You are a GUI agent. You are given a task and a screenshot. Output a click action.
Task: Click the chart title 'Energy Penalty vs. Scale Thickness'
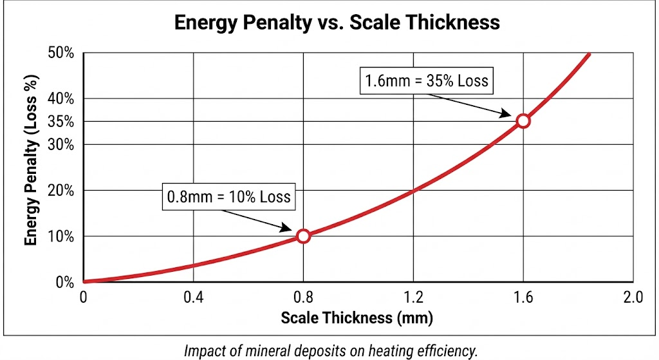point(337,22)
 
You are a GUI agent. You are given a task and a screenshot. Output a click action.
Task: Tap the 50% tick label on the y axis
point(61,53)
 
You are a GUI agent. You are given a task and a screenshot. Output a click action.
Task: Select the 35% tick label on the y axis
point(61,122)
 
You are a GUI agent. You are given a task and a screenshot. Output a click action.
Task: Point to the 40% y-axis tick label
point(61,99)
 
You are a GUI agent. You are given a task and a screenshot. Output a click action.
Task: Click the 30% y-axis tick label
point(61,144)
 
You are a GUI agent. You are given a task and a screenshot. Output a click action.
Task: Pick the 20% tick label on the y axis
point(61,191)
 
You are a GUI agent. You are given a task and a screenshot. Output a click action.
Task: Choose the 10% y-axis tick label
point(61,236)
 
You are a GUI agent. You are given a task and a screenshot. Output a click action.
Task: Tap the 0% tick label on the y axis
point(64,282)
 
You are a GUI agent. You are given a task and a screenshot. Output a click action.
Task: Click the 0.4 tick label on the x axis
point(194,297)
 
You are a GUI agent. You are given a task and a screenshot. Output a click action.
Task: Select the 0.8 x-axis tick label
point(304,297)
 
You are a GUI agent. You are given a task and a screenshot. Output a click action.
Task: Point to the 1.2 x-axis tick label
point(413,297)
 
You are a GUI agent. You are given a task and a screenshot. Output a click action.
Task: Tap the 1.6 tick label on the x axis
point(523,297)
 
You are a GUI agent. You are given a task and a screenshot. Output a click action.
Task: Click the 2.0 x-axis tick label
point(633,297)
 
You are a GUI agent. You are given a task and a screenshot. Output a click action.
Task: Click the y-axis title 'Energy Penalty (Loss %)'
point(30,168)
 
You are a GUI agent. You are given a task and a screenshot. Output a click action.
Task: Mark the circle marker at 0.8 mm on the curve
point(304,236)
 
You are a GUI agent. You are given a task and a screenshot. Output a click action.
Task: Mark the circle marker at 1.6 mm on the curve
point(523,120)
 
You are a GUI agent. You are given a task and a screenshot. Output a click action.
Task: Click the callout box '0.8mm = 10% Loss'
point(228,196)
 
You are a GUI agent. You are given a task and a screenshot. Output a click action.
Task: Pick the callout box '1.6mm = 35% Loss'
point(427,82)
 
